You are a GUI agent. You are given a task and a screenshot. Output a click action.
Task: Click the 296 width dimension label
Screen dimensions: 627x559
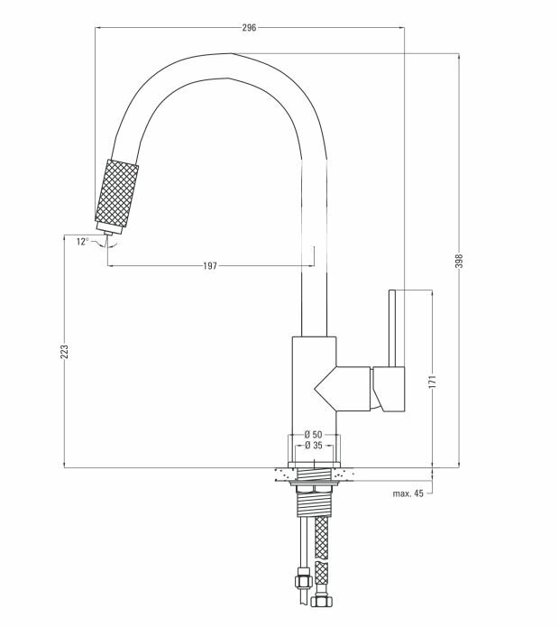coord(250,28)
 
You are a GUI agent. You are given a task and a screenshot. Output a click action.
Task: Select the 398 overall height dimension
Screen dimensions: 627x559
coord(459,261)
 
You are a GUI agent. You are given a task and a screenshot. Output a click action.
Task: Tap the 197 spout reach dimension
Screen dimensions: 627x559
coord(209,266)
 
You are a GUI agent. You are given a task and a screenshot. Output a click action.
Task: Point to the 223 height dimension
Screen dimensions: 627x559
coord(64,352)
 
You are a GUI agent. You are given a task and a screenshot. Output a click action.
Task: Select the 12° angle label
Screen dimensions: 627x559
coord(83,241)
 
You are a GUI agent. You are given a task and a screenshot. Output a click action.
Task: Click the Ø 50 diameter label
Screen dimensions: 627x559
coord(313,436)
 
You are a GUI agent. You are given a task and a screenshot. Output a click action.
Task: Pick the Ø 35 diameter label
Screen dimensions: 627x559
coord(313,446)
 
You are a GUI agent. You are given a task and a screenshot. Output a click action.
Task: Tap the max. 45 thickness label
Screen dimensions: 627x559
coord(408,493)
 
